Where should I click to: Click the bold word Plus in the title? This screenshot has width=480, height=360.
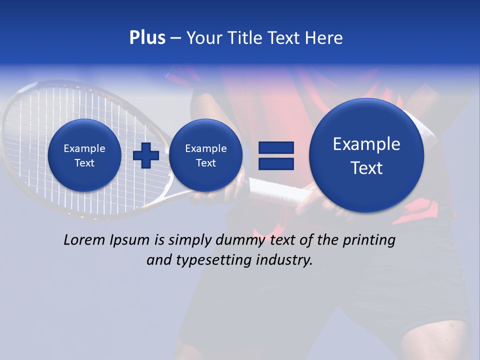click(x=147, y=37)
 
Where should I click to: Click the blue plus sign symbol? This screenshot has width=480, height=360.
click(x=145, y=155)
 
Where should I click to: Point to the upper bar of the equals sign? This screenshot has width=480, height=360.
click(x=275, y=147)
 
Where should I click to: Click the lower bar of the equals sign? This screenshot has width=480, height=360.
click(x=275, y=163)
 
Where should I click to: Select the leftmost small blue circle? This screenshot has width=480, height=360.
click(x=84, y=155)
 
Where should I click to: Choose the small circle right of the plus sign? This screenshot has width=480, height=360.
click(x=205, y=155)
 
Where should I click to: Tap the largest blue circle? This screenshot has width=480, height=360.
click(x=366, y=155)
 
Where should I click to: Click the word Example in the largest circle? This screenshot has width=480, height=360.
click(x=366, y=144)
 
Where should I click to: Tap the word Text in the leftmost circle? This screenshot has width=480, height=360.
click(x=84, y=163)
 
